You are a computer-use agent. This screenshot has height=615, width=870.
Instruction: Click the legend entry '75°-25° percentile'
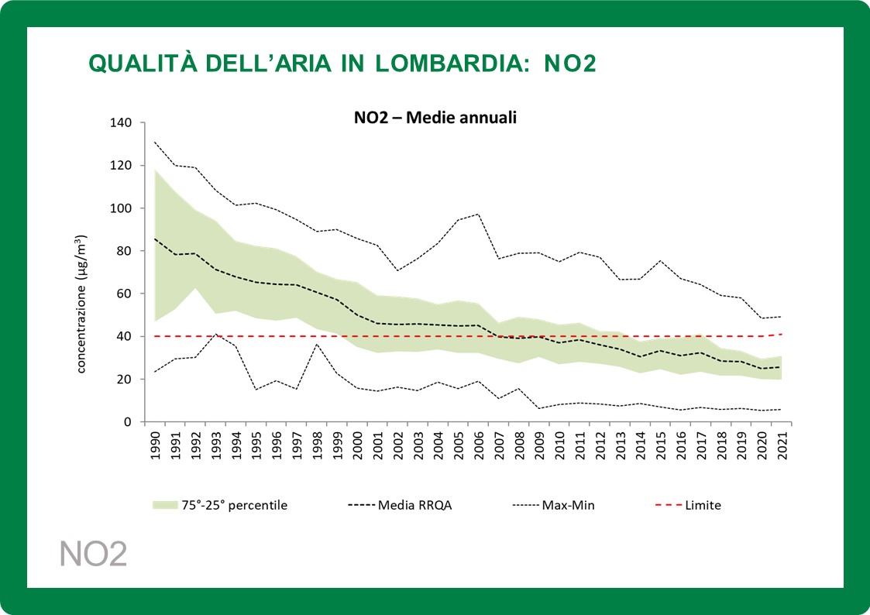tap(234, 505)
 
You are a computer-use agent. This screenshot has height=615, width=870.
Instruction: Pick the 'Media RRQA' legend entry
tap(413, 505)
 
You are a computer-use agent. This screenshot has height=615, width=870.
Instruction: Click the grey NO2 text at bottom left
tap(93, 555)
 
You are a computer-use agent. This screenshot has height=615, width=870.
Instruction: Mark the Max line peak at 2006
tap(478, 214)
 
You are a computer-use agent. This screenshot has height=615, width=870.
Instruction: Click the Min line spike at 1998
tap(318, 344)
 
